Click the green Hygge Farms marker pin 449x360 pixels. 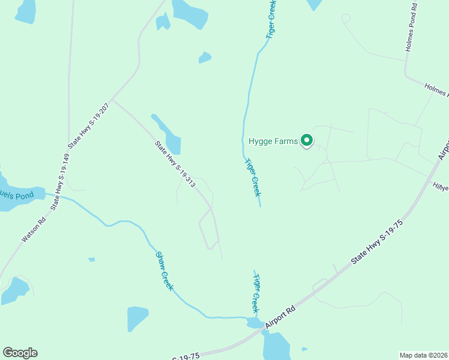[x=307, y=140]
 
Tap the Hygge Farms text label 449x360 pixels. [x=273, y=142]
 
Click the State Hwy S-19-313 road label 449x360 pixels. [x=175, y=164]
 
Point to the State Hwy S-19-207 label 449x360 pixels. [x=89, y=122]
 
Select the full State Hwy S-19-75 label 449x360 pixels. [x=377, y=242]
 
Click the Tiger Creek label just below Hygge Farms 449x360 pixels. [x=253, y=177]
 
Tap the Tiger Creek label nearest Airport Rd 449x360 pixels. [x=256, y=293]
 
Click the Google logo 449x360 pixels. [x=20, y=353]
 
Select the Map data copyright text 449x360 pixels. [x=423, y=355]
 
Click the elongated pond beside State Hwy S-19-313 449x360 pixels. [x=169, y=135]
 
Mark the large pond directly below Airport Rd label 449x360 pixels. [x=276, y=346]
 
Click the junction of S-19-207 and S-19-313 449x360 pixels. [x=112, y=100]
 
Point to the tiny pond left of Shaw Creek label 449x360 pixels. [x=91, y=259]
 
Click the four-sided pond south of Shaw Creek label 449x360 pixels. [x=137, y=318]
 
